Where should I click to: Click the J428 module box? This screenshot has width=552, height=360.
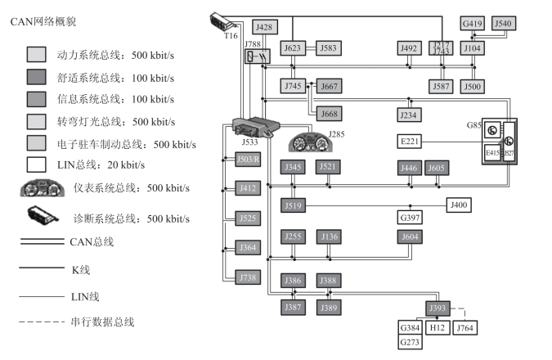click(264, 27)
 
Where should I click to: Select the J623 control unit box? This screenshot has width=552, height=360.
click(293, 48)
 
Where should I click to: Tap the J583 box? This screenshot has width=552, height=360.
click(329, 48)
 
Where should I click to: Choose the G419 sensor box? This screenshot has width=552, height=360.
click(473, 24)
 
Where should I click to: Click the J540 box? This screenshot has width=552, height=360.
click(504, 24)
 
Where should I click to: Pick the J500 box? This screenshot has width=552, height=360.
click(473, 86)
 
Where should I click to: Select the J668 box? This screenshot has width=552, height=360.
click(329, 114)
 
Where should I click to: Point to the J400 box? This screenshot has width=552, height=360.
click(459, 205)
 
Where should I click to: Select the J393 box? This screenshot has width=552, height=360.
click(438, 308)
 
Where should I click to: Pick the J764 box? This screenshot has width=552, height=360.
click(464, 327)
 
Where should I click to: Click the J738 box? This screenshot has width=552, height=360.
click(248, 278)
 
